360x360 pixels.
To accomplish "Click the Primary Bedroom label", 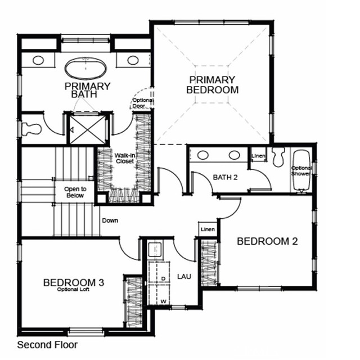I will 213,85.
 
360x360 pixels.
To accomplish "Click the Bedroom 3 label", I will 73,282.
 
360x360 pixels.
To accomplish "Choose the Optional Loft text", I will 73,290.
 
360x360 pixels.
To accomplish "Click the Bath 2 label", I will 225,177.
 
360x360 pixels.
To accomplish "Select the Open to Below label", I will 74,192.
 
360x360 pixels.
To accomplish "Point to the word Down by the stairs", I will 110,220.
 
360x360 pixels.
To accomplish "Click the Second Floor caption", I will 47,345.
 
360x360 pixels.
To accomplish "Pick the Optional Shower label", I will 301,170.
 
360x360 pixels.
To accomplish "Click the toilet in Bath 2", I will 277,157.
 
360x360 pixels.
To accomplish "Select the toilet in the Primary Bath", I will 31,129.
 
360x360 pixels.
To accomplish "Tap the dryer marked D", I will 163,278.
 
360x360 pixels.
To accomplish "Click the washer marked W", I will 163,301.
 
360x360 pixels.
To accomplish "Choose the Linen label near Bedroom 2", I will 208,229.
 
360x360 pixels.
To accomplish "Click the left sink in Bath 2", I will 204,155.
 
